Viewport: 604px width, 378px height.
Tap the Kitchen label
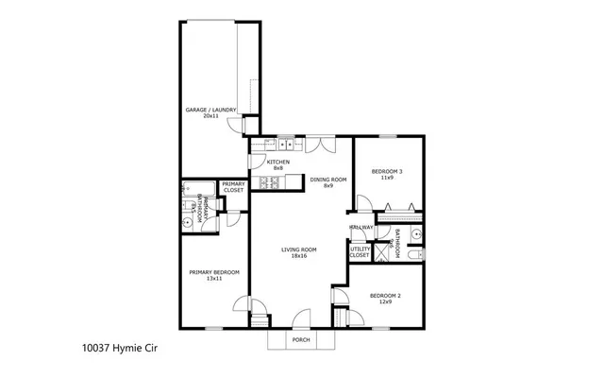277,164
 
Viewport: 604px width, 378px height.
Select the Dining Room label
328,181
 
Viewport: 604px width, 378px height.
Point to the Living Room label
298,252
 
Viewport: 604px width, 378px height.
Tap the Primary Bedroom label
213,275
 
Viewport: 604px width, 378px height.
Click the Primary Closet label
232,187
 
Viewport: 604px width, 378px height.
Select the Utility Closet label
360,252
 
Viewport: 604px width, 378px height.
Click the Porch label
301,339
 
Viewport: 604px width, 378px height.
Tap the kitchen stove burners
260,183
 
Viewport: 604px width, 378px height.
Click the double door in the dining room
326,145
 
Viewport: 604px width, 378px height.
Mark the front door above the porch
302,319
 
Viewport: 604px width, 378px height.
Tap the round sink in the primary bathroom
187,223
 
